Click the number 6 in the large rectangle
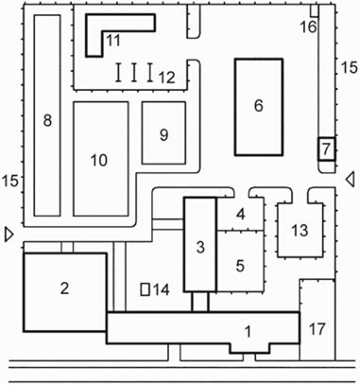(x=259, y=105)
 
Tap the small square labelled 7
(x=326, y=149)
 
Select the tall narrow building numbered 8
(x=47, y=115)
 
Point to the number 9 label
(x=163, y=135)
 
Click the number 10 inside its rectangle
(x=99, y=160)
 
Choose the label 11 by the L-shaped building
(x=113, y=41)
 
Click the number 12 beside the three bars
(x=166, y=78)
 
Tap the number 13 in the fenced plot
(x=300, y=231)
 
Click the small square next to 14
(x=145, y=289)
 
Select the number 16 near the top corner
(x=308, y=26)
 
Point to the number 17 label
(x=317, y=329)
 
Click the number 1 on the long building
(x=249, y=331)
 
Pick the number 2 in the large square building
(x=64, y=289)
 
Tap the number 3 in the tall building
(x=200, y=247)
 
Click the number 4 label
(x=241, y=215)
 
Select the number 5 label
(x=240, y=266)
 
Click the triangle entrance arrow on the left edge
(x=9, y=235)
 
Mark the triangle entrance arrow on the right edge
(x=350, y=179)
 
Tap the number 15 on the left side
(x=9, y=181)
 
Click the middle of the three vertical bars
(x=134, y=73)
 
